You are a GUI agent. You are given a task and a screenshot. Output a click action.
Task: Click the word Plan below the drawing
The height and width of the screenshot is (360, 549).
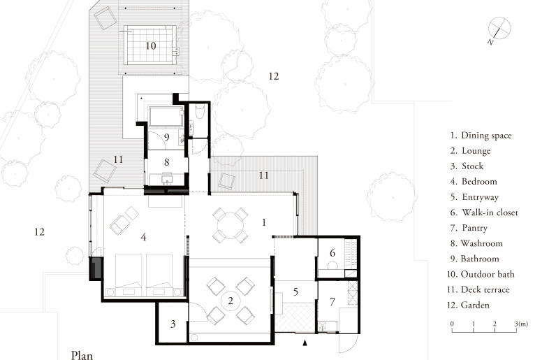(82, 354)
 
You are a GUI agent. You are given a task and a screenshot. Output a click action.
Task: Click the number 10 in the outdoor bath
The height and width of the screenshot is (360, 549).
(150, 45)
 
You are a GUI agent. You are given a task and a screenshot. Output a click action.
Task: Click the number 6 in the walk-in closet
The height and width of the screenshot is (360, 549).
(333, 252)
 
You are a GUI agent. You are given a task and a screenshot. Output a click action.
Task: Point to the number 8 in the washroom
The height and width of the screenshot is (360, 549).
(166, 163)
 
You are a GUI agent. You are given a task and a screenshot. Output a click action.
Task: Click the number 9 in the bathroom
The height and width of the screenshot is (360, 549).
(166, 138)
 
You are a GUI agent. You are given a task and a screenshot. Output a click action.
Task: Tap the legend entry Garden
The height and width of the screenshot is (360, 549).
(477, 305)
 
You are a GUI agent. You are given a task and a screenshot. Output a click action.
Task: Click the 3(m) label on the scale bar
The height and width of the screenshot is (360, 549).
(520, 324)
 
